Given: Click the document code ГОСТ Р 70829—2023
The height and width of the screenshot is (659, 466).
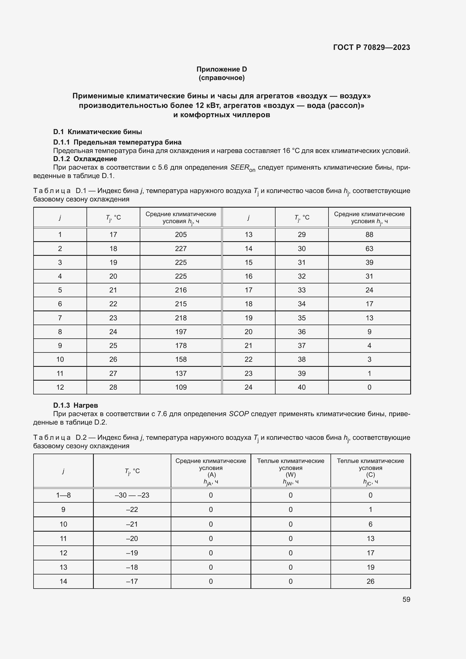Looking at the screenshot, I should point(371,47).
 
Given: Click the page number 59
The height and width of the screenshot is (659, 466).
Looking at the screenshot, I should point(406,599).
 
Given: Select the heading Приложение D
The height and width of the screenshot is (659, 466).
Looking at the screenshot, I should point(221,69).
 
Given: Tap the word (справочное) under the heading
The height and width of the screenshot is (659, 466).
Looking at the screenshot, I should point(221,78).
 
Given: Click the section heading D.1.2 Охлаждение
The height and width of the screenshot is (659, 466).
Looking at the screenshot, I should point(85,159).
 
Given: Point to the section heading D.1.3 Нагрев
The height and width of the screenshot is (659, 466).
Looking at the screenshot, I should point(76,405).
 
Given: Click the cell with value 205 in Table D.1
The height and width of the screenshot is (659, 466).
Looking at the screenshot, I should point(181,234).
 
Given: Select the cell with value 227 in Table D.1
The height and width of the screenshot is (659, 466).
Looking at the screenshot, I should point(181,248).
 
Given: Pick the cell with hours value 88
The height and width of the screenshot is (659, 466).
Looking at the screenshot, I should point(369,234).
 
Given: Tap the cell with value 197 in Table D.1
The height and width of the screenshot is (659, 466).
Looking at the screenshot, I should point(181,332).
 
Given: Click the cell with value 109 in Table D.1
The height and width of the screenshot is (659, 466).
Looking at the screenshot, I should point(181,387).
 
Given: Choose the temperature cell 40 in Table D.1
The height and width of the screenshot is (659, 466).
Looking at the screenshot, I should point(301,387).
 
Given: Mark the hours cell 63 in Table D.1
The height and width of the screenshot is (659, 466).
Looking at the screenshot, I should point(369,248).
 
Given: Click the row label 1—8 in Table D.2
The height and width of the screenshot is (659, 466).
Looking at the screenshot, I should point(63,495).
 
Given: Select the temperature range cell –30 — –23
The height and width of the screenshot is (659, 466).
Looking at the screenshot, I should point(132,495).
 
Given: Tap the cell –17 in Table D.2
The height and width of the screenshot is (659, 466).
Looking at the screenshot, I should point(132,581).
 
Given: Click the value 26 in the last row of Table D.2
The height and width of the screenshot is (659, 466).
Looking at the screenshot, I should point(370,581).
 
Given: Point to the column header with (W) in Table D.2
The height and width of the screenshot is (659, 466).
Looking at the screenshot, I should point(290,471).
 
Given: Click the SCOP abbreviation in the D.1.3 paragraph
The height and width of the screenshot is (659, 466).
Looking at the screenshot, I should point(239,414).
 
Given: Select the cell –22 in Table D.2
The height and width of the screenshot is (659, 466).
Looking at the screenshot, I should point(132,509).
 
